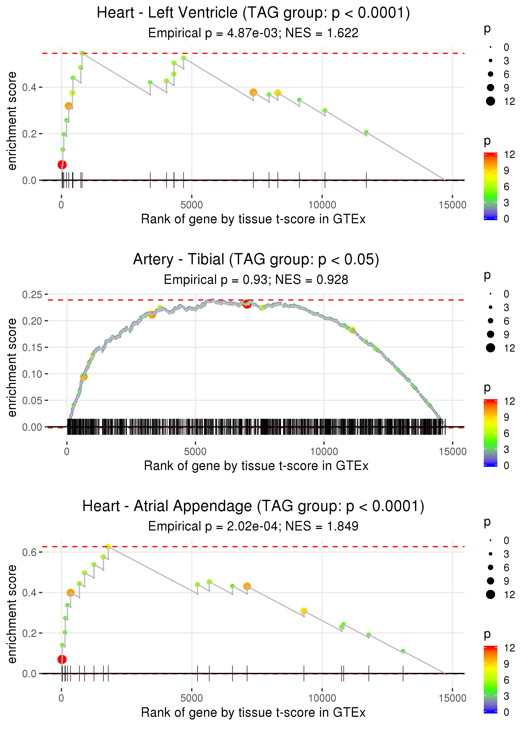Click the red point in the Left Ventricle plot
point(62,165)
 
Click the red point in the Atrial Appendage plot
point(62,659)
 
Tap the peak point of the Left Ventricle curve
point(82,53)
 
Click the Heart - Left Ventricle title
point(253,13)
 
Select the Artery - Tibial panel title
point(256,260)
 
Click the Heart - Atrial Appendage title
point(253,506)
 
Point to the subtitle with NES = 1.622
point(253,33)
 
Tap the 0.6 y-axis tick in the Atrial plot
point(29,552)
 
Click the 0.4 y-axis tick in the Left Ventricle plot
point(29,87)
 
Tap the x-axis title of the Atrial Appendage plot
point(253,713)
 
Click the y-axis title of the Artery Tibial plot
point(12,367)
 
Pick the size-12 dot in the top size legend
point(490,101)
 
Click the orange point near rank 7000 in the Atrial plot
point(247,587)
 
